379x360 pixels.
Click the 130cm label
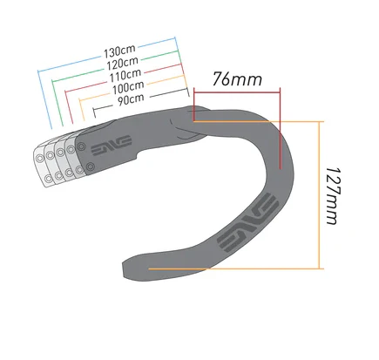tap(119, 51)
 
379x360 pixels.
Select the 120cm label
tap(122, 64)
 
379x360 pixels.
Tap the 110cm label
tap(125, 75)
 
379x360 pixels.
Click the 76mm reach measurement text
tap(237, 79)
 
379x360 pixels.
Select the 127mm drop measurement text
tap(333, 195)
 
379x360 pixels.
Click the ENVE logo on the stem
tap(112, 146)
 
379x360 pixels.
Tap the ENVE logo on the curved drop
tap(248, 222)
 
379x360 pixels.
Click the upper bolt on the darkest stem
tap(81, 146)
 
